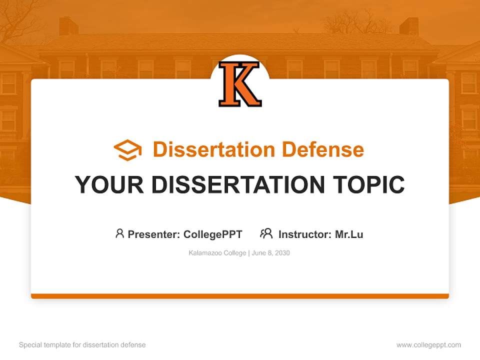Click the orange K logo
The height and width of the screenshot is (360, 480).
(x=240, y=84)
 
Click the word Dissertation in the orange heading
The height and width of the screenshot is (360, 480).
(x=214, y=149)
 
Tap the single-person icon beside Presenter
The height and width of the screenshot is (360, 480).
(x=119, y=233)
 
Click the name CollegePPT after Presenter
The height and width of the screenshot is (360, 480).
(x=213, y=234)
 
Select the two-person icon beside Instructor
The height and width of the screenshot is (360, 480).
(x=266, y=233)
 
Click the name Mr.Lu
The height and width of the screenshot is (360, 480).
(x=349, y=234)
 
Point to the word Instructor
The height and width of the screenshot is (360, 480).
(x=304, y=234)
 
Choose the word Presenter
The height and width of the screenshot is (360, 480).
(x=153, y=234)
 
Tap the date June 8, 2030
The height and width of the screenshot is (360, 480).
(x=270, y=253)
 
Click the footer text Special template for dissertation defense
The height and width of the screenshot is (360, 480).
(x=82, y=345)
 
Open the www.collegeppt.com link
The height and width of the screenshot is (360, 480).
(x=428, y=345)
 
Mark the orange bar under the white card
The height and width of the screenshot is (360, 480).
(x=240, y=296)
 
